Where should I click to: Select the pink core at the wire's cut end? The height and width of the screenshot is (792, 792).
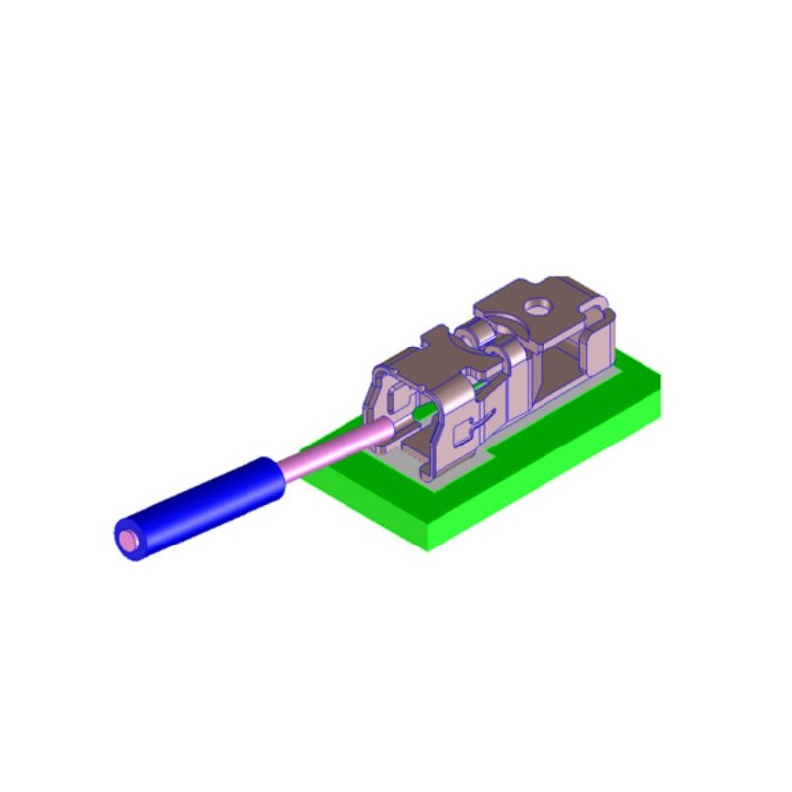point(129,541)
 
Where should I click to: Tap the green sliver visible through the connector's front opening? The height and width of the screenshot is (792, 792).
point(426,407)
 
